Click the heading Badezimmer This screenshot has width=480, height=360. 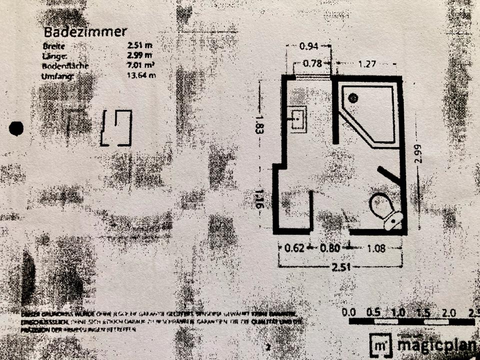(85, 32)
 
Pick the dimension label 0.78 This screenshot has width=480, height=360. (313, 63)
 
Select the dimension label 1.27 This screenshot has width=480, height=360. (366, 64)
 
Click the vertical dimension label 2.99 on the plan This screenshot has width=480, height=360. (417, 153)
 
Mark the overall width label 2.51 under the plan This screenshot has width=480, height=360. (340, 267)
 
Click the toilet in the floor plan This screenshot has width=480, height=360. (384, 209)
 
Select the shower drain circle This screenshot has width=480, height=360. (354, 98)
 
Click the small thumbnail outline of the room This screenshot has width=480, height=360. (116, 128)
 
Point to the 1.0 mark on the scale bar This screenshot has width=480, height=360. (398, 312)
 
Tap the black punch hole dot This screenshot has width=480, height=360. (16, 128)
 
